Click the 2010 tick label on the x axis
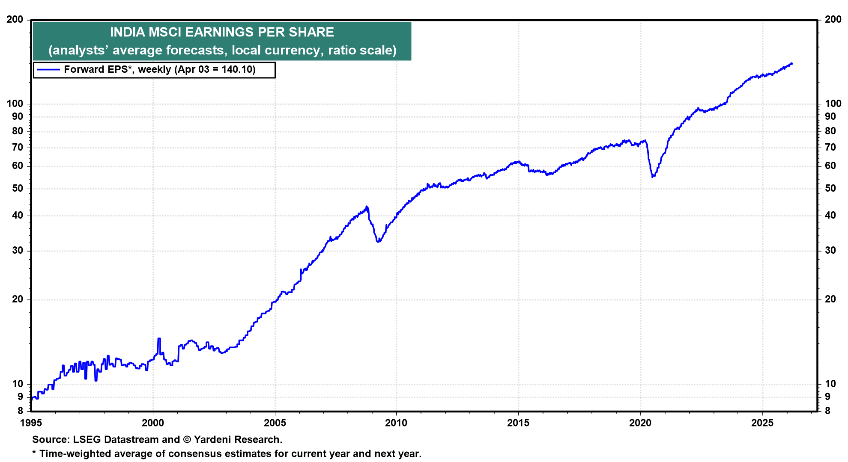tap(396, 423)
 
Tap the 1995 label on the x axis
tap(31, 423)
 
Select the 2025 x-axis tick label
tap(762, 423)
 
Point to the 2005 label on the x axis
tap(275, 423)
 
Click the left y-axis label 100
tap(15, 104)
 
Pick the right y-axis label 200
tap(833, 19)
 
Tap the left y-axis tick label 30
tap(18, 250)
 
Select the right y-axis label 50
tap(830, 188)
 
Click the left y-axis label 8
tap(20, 411)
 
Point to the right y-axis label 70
tap(830, 147)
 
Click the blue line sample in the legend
tap(48, 69)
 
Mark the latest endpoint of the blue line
tap(792, 64)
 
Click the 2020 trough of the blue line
tap(652, 177)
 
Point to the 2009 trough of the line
tap(378, 242)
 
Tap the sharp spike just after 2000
tap(159, 339)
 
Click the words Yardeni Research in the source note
tap(237, 439)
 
